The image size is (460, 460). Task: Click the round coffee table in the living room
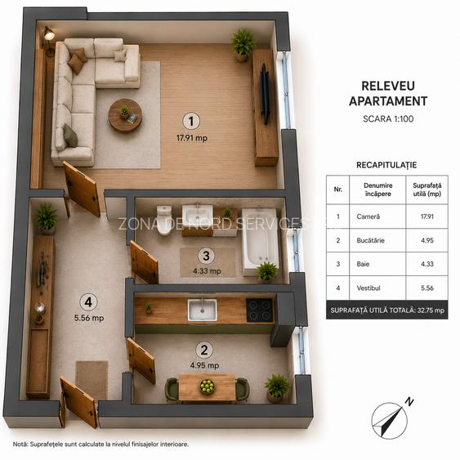[125, 115]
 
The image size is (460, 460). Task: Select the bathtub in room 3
[260, 241]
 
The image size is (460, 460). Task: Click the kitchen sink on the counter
[203, 310]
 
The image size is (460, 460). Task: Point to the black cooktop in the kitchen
[260, 310]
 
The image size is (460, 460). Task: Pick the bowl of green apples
[207, 386]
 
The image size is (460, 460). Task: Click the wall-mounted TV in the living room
[266, 94]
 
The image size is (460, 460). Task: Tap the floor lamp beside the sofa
[49, 41]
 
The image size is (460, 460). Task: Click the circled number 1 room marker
[191, 121]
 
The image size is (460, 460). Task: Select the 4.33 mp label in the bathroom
[207, 270]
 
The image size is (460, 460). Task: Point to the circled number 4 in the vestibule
[88, 301]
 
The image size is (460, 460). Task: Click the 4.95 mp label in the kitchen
[204, 365]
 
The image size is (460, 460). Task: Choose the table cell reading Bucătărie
[370, 240]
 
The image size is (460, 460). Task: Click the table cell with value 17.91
[427, 217]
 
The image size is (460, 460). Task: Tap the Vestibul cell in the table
[368, 288]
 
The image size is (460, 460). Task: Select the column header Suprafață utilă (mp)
[427, 190]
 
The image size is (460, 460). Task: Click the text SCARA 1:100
[388, 118]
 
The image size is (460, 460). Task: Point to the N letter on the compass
[409, 401]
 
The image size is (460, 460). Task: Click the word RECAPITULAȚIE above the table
[386, 165]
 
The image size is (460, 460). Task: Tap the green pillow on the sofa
[71, 136]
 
